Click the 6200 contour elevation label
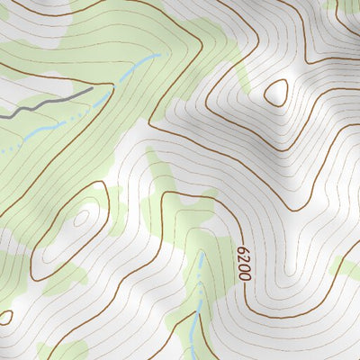(243, 265)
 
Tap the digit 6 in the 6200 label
(243, 252)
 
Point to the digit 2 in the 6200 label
(243, 260)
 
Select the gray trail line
(45, 103)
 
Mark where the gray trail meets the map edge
(2, 115)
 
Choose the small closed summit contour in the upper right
(275, 92)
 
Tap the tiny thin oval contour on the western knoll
(82, 218)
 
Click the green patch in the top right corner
(346, 11)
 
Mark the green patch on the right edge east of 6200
(346, 265)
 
